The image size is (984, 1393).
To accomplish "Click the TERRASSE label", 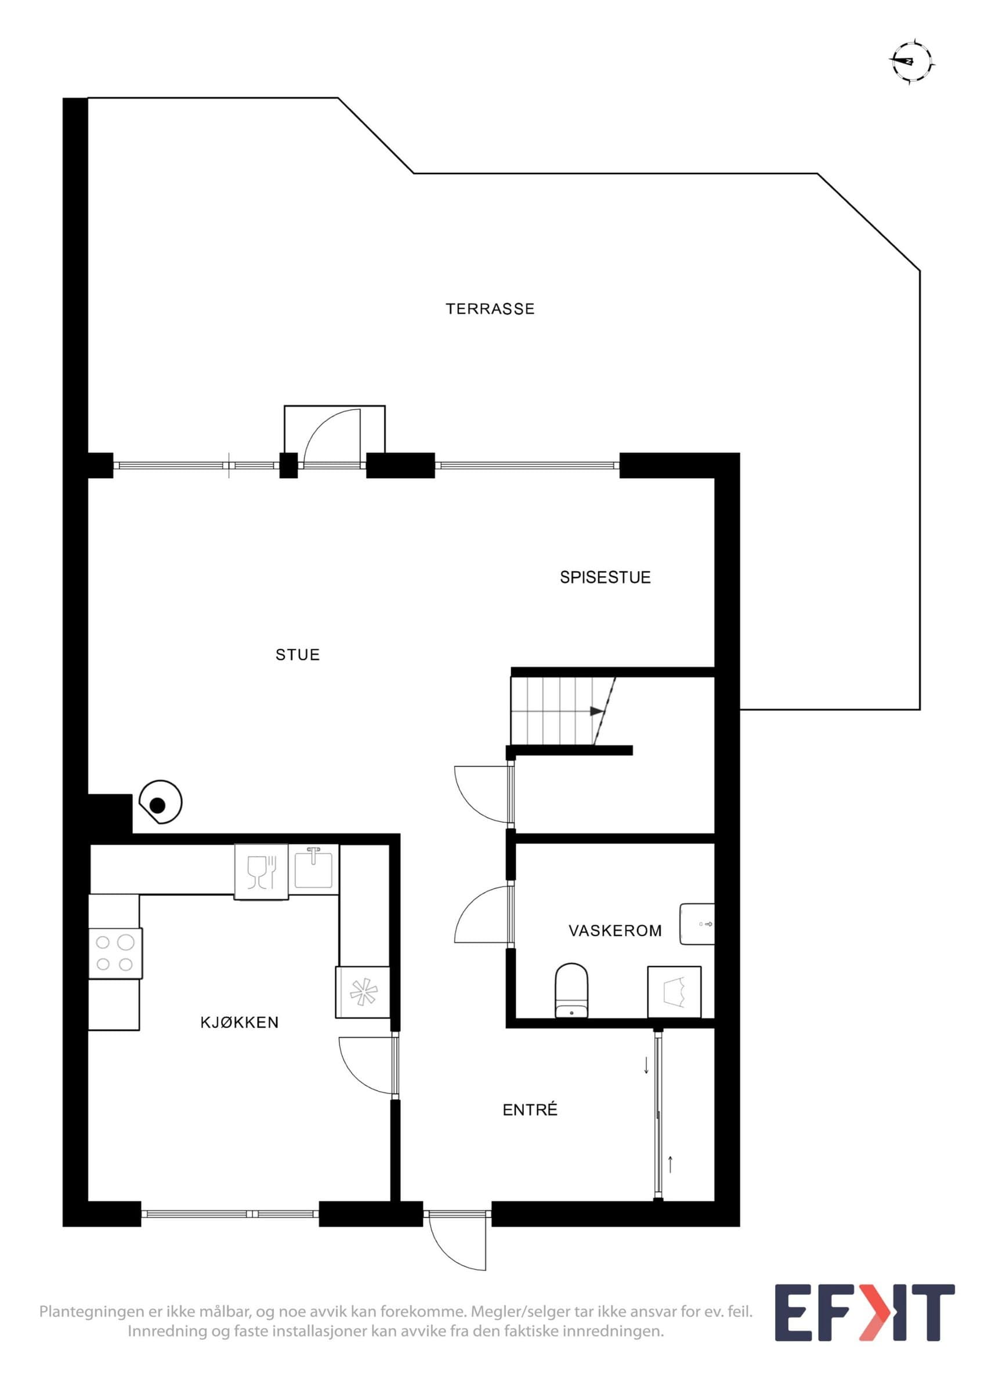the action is tap(490, 309).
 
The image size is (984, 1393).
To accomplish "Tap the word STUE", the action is tap(297, 655).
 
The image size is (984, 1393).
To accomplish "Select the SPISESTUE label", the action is tap(605, 577).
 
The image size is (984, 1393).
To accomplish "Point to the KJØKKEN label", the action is tap(240, 1022).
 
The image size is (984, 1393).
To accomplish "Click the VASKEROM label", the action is tap(615, 930).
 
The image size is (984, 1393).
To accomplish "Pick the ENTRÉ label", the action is tap(530, 1109).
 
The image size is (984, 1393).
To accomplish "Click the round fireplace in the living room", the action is tap(160, 803).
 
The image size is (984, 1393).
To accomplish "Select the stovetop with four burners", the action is tap(115, 952).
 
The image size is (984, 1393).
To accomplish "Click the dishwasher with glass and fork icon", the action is tap(261, 872).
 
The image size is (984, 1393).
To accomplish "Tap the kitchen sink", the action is tap(313, 868).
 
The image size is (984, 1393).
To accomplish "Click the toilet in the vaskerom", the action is tap(571, 990).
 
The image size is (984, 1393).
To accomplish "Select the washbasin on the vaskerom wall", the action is tap(697, 924).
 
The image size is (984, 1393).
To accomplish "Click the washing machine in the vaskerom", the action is tap(674, 992).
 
